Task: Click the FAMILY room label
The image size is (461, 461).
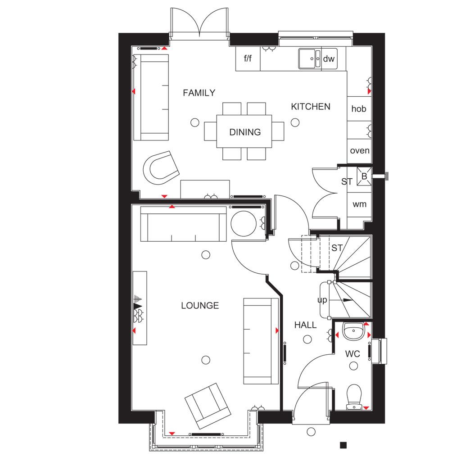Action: point(199,93)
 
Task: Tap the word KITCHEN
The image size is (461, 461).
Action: point(311,106)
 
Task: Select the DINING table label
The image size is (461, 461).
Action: point(245,132)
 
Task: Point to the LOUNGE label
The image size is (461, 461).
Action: point(200,306)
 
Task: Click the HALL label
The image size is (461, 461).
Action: point(306,325)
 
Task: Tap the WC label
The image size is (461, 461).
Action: point(353,354)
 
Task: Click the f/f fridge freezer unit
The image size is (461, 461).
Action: point(248,59)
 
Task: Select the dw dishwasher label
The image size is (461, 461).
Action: point(329,59)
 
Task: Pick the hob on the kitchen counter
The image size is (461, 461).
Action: point(359,108)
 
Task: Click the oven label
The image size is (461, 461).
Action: point(360,150)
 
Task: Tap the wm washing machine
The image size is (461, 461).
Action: point(359,204)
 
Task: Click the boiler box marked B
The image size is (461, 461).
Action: point(364,176)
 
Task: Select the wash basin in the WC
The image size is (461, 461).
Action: point(353,331)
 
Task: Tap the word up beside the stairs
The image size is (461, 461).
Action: point(322,300)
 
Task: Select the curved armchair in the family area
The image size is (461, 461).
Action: point(161,168)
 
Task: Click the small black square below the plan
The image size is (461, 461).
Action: point(343,445)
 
